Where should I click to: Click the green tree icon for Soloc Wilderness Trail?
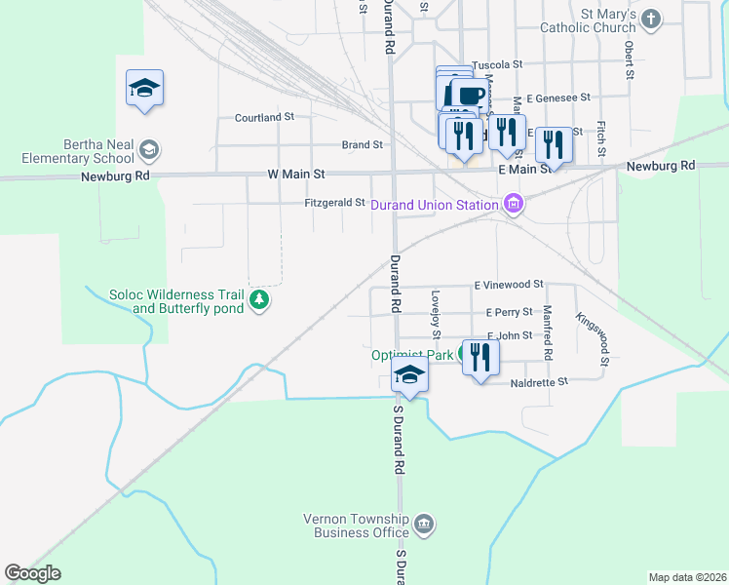tap(259, 299)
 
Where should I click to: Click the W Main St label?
tap(295, 173)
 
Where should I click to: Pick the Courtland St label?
tap(264, 117)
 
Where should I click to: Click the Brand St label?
tap(362, 144)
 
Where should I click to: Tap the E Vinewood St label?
tap(508, 284)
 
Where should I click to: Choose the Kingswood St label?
tap(592, 338)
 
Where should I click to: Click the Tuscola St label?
tap(497, 64)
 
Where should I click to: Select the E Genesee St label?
tap(558, 97)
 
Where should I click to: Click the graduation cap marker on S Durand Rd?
tap(409, 375)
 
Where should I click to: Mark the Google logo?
tap(32, 573)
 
